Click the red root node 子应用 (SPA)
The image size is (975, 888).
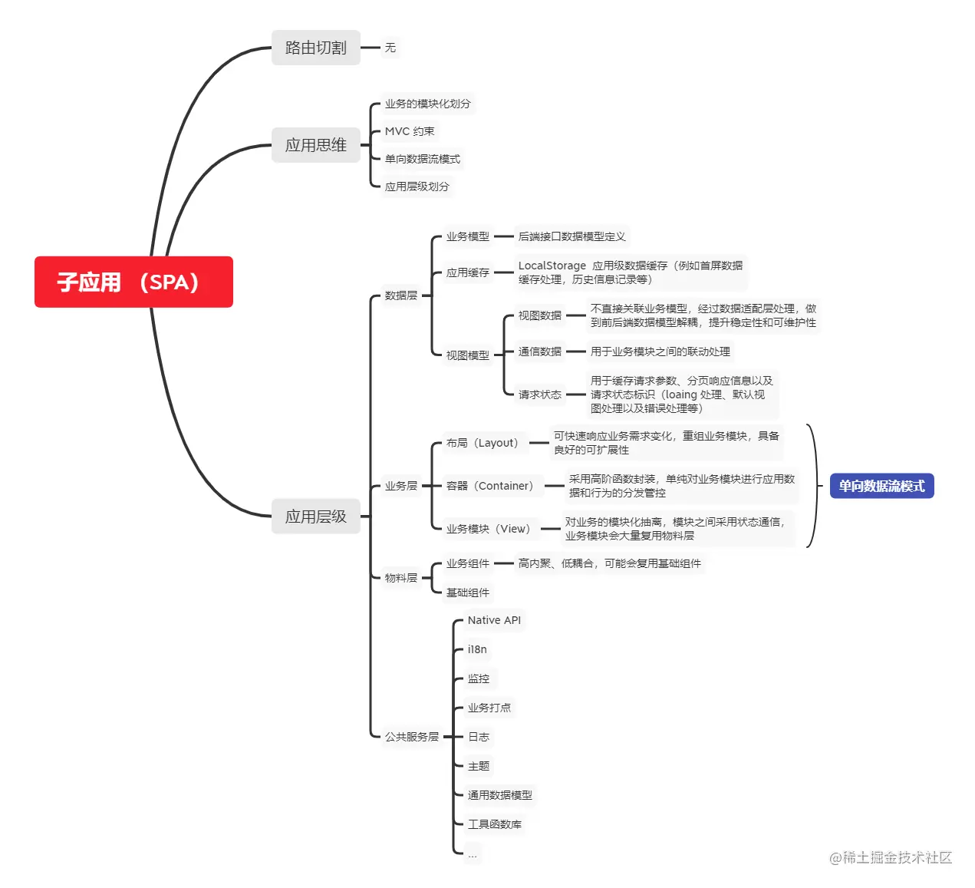[x=133, y=282]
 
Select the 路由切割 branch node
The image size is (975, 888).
[x=316, y=48]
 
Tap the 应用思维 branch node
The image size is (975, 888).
[x=316, y=145]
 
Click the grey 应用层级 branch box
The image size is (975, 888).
[x=316, y=516]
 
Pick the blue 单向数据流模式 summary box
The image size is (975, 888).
[x=881, y=486]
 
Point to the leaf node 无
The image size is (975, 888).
[x=390, y=48]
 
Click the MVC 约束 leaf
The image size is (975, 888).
[x=409, y=131]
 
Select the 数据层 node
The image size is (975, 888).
[x=401, y=295]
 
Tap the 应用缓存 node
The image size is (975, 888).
[x=468, y=272]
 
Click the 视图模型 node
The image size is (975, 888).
[x=468, y=355]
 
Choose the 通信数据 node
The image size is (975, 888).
[x=539, y=351]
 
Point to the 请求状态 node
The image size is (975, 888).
[x=539, y=394]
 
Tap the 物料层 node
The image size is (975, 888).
[x=401, y=578]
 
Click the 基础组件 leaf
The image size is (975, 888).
[x=468, y=593]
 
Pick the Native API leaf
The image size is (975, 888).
[x=494, y=620]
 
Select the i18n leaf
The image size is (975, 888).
[x=477, y=649]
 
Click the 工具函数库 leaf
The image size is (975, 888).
[x=494, y=824]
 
